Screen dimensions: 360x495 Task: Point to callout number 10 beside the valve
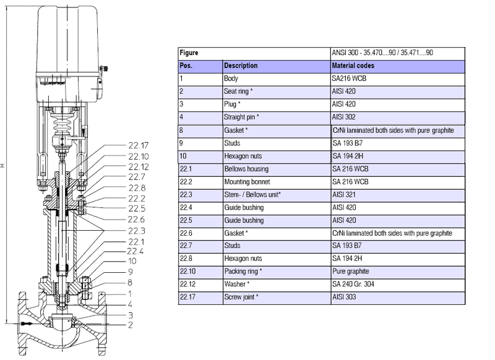(x=132, y=262)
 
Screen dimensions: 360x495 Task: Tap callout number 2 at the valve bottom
(x=130, y=325)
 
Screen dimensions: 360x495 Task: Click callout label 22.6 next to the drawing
(x=137, y=220)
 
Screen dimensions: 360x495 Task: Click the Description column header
(x=241, y=66)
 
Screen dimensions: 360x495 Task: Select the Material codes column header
(x=353, y=66)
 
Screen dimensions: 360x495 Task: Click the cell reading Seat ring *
(x=240, y=92)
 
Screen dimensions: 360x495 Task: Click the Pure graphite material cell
(x=350, y=272)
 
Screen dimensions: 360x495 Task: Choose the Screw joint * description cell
(x=241, y=298)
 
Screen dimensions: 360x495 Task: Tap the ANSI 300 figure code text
(x=382, y=53)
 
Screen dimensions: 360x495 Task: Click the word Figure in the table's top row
(x=189, y=53)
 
